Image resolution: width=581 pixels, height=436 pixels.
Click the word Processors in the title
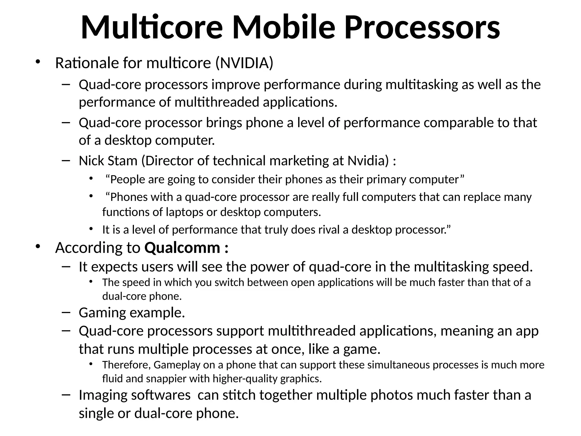click(422, 28)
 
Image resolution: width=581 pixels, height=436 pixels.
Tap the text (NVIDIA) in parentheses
click(244, 63)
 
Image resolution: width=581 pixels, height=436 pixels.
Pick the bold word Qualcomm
click(182, 248)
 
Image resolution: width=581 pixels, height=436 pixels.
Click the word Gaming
click(102, 313)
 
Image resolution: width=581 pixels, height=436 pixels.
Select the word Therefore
click(126, 365)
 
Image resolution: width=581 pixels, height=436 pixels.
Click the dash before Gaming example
click(66, 313)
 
